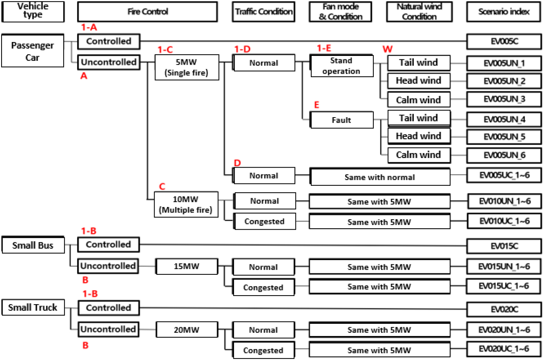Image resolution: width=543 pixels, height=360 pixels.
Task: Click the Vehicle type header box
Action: (x=33, y=12)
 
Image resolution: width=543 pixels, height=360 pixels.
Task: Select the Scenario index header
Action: (x=504, y=12)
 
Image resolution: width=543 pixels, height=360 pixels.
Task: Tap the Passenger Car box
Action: (x=32, y=51)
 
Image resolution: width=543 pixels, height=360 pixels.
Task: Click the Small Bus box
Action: (x=33, y=245)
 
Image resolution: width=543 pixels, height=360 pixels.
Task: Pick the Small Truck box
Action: (x=33, y=308)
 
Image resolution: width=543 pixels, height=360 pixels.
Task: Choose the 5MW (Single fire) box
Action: (x=187, y=67)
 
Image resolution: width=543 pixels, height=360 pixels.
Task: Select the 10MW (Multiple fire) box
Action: (x=186, y=204)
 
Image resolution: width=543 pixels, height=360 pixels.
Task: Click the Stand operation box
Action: (x=341, y=66)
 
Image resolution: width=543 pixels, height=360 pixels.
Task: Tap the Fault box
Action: (x=341, y=120)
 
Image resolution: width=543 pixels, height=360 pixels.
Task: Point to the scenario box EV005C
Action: (x=504, y=41)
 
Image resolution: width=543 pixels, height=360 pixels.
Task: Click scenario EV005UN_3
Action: (x=504, y=99)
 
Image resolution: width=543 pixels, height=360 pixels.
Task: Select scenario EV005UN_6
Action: (x=504, y=155)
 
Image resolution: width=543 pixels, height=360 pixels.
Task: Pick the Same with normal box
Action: (x=380, y=177)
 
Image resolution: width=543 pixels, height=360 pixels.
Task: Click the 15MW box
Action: (x=187, y=266)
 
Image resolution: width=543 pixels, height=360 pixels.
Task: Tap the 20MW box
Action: (x=187, y=330)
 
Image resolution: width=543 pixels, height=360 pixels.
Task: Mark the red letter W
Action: (x=388, y=49)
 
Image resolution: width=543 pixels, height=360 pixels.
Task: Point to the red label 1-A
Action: (x=89, y=27)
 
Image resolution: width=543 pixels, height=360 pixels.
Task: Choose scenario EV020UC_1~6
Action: (x=504, y=349)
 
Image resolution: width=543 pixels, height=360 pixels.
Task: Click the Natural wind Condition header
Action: (x=419, y=12)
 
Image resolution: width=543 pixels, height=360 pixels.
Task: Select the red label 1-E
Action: (x=324, y=48)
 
